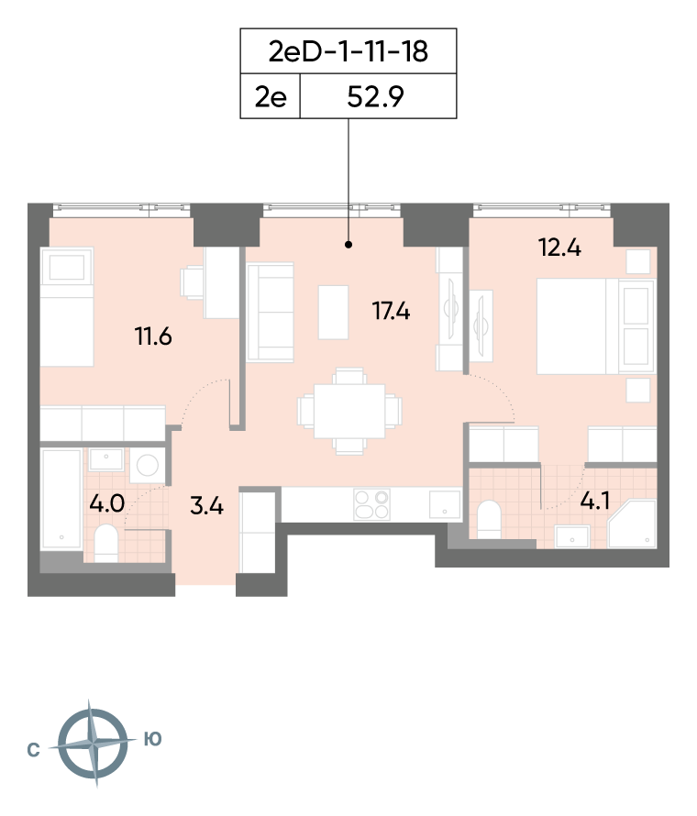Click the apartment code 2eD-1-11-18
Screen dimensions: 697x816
tap(348, 51)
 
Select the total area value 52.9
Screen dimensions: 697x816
tap(375, 97)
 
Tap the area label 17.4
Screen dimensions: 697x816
tap(391, 311)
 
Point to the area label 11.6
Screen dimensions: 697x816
tap(153, 336)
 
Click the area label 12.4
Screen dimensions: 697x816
tap(559, 248)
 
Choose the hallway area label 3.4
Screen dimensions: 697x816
tap(206, 506)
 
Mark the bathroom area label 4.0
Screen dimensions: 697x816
tap(106, 503)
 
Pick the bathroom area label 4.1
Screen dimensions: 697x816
tap(595, 502)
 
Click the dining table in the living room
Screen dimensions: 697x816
tap(349, 411)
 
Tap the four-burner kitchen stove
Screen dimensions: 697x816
tap(371, 504)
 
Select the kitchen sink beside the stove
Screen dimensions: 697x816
tap(445, 504)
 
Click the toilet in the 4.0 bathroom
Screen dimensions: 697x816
tap(106, 543)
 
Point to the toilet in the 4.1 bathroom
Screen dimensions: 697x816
tap(489, 519)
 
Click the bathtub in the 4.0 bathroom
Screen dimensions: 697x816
tap(61, 500)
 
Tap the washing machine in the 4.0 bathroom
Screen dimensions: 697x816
tap(148, 465)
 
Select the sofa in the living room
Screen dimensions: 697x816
tap(271, 313)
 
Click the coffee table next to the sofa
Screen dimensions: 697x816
tap(333, 313)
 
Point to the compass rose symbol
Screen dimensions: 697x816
tap(93, 743)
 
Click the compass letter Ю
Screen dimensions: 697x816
tap(152, 739)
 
